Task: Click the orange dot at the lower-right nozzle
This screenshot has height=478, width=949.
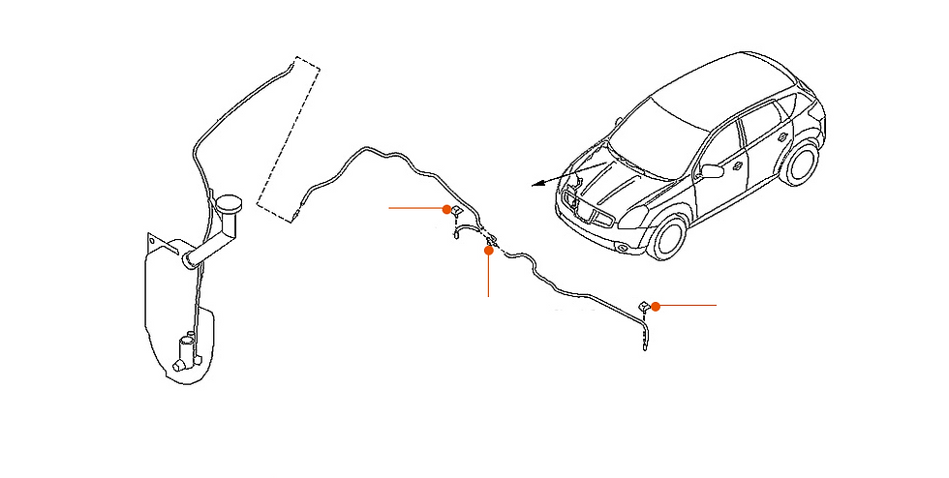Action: click(x=656, y=306)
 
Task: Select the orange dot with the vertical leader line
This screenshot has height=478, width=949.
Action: click(x=489, y=250)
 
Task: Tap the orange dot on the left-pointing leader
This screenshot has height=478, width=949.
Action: click(x=446, y=209)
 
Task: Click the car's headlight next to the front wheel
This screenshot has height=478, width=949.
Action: click(x=634, y=217)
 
